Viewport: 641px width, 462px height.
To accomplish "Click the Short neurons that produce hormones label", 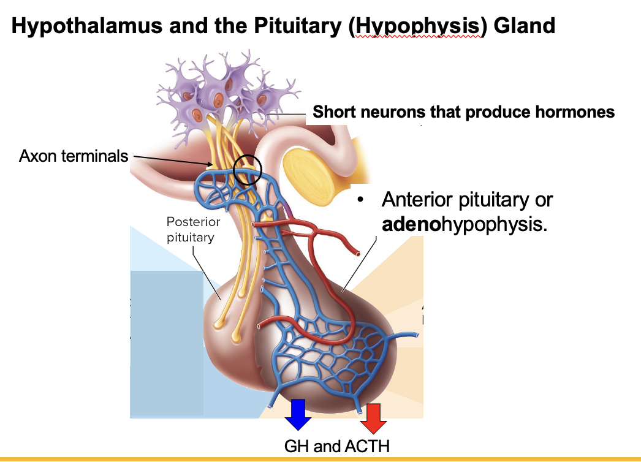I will [x=463, y=112].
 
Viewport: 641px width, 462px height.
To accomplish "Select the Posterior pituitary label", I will [x=193, y=229].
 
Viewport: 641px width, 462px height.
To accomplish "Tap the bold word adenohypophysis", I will [x=463, y=224].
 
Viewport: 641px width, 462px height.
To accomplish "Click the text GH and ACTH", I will [x=336, y=445].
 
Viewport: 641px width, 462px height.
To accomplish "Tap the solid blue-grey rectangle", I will [x=166, y=343].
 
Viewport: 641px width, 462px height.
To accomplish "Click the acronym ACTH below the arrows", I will [x=368, y=445].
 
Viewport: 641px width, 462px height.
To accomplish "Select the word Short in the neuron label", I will [x=335, y=112].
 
